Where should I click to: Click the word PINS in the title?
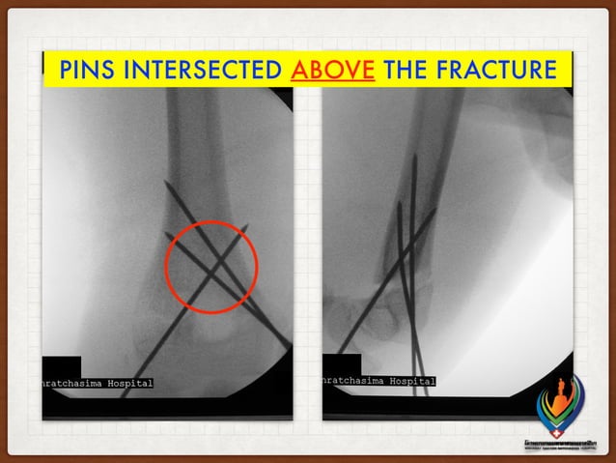pyautogui.click(x=88, y=71)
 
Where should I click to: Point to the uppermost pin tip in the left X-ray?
pyautogui.click(x=165, y=183)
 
